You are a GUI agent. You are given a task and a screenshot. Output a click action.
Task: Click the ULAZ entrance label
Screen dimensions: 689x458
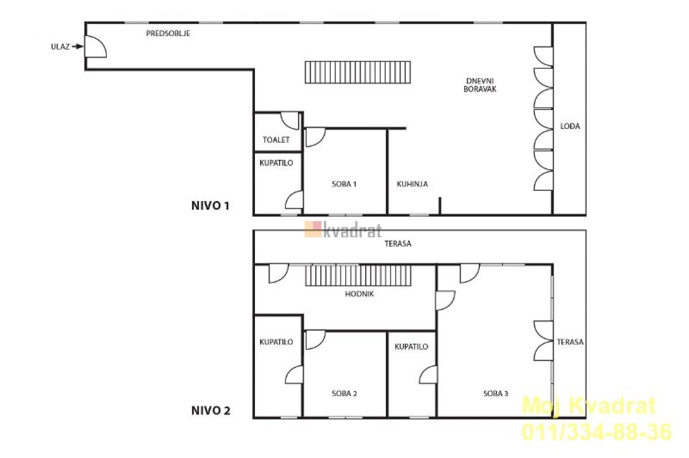coord(60,46)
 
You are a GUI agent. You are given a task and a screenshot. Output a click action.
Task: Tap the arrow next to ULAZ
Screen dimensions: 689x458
coord(78,46)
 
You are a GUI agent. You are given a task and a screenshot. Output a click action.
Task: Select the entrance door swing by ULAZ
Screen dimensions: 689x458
coord(96,46)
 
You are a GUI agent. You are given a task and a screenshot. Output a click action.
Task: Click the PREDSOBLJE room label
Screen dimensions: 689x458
coord(168,33)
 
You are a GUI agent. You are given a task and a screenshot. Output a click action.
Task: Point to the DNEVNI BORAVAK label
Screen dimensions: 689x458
coord(480,85)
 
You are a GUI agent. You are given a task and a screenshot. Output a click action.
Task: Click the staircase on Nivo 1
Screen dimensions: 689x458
coord(358,72)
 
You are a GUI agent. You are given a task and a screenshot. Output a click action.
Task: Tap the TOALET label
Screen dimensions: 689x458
coord(276,140)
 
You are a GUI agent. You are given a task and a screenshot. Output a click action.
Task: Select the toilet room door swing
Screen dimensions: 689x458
coord(290,120)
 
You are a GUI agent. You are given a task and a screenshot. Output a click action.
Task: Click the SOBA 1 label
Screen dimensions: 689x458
coord(344,184)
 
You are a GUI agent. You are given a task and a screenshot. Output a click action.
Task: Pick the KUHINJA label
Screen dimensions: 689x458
coord(412,184)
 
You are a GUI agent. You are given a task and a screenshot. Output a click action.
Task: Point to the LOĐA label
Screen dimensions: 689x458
coord(570,126)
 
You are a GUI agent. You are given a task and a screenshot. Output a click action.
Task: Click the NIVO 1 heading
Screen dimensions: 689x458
coord(210,206)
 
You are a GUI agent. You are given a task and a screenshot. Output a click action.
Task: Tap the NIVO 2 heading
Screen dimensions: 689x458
coord(211,410)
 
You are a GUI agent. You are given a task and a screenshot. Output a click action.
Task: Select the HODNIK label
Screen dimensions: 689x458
coord(359,294)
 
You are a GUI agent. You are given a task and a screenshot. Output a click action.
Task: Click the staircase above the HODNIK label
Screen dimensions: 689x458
coord(358,275)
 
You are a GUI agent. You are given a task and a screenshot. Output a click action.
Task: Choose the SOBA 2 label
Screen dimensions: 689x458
coord(344,393)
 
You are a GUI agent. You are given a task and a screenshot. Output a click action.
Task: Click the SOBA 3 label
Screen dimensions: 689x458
coord(496,393)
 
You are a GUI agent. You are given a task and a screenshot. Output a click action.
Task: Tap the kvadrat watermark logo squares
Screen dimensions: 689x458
coord(313,229)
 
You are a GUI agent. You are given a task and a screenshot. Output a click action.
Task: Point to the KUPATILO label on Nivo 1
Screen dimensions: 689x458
coord(276,163)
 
